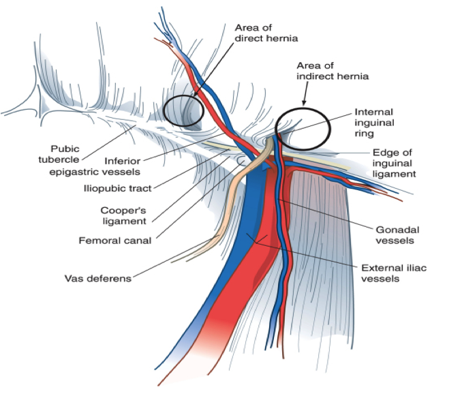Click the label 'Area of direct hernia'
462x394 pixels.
pos(266,33)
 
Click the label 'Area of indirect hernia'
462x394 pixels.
pos(332,71)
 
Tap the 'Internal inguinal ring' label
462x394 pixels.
pos(373,123)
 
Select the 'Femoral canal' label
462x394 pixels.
pos(114,240)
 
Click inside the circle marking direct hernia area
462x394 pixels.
pos(183,111)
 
